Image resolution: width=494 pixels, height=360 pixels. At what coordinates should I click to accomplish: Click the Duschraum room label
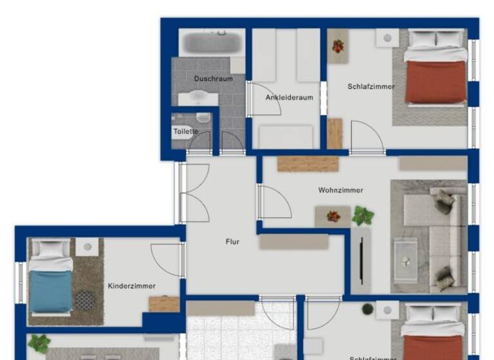[213, 79]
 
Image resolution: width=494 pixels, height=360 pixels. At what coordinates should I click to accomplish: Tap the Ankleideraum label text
[289, 98]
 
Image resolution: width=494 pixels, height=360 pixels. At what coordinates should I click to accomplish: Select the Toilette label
[185, 132]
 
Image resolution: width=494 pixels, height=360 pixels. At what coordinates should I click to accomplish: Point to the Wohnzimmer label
[340, 190]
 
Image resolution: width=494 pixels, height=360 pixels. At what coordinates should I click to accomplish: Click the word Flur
[232, 242]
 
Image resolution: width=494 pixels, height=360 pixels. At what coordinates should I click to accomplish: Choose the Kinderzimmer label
[132, 286]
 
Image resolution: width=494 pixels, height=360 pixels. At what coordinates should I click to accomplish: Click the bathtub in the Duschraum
[212, 42]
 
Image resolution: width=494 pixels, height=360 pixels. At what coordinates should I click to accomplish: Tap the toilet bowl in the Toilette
[203, 118]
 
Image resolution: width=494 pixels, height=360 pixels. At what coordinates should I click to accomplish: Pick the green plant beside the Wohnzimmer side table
[363, 215]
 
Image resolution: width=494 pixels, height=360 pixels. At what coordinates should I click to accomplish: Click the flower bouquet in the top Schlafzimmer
[338, 46]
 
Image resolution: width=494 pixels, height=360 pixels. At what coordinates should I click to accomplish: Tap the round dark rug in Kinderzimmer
[85, 299]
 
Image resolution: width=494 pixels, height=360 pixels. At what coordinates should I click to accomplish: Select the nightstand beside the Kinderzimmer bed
[87, 246]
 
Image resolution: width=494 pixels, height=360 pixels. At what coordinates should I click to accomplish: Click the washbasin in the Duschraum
[197, 98]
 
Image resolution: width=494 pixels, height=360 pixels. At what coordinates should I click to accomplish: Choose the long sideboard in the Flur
[294, 242]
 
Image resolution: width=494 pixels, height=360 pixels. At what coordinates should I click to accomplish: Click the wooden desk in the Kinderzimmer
[164, 303]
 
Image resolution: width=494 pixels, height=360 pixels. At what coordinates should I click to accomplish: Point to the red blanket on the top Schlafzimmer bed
[435, 82]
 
